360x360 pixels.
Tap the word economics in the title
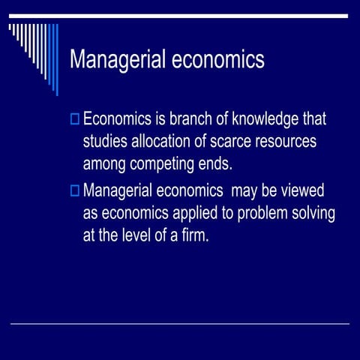coord(218,60)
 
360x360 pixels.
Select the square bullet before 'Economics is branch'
coord(73,118)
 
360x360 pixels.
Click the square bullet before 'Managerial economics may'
coord(73,190)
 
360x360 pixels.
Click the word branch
coord(181,118)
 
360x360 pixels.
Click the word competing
coord(163,163)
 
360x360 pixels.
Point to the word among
coord(105,163)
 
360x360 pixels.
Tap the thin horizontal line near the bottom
coord(180,324)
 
